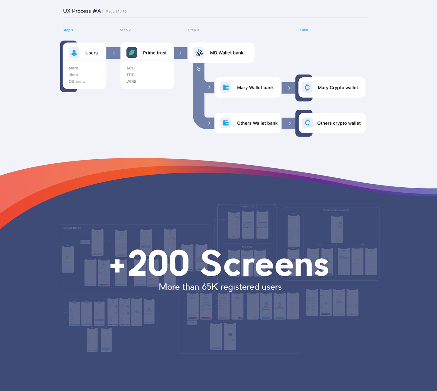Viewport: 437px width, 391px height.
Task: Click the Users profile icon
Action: (x=74, y=53)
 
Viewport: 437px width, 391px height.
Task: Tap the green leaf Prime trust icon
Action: (x=132, y=53)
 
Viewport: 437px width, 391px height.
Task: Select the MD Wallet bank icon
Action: (x=199, y=53)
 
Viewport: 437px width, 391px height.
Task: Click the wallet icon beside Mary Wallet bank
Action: (x=226, y=88)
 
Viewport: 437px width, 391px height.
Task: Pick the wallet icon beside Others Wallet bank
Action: (x=226, y=123)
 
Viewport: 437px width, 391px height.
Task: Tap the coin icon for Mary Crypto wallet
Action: (x=307, y=88)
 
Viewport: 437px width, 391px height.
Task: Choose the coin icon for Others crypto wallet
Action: (x=307, y=123)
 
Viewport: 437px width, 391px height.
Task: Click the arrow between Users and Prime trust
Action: (x=114, y=53)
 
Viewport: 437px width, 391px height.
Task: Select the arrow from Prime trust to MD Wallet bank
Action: (x=181, y=53)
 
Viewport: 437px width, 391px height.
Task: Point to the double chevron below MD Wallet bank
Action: (x=199, y=69)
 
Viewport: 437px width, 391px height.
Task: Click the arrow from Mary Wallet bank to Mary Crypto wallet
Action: (x=289, y=88)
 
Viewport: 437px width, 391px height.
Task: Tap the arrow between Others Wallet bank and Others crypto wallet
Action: (x=289, y=123)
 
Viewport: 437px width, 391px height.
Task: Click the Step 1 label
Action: (x=68, y=30)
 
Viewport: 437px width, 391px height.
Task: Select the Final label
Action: (x=304, y=30)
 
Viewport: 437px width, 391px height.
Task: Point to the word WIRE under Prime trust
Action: (x=131, y=82)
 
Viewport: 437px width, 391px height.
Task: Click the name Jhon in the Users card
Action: (x=73, y=75)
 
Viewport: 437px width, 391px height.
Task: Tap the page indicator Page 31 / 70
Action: (x=116, y=12)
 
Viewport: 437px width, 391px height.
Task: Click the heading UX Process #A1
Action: (x=83, y=11)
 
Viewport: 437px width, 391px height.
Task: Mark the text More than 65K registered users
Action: (x=220, y=287)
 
